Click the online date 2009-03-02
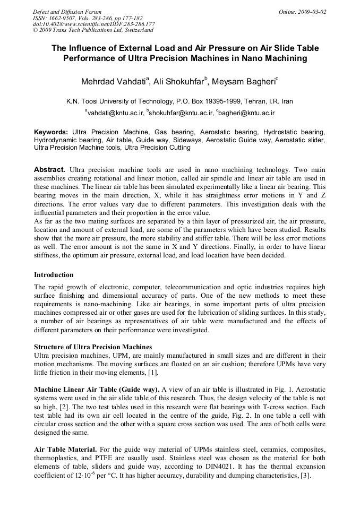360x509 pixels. click(x=312, y=11)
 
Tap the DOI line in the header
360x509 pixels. click(x=93, y=24)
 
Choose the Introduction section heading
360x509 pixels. click(x=54, y=275)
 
